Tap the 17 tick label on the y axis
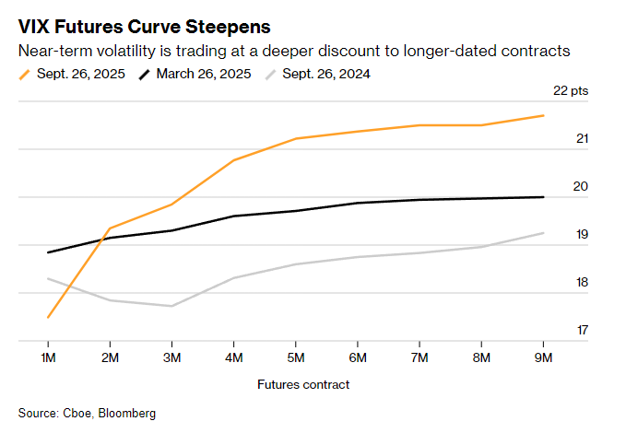click(x=583, y=330)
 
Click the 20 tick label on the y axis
click(x=583, y=186)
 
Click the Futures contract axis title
click(x=296, y=383)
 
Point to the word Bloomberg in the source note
click(x=128, y=412)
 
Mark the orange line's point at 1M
click(x=48, y=317)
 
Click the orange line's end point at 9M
click(x=543, y=115)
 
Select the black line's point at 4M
click(x=233, y=216)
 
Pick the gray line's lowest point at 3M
click(x=171, y=306)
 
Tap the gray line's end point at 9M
click(x=543, y=233)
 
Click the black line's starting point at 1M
click(x=48, y=252)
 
